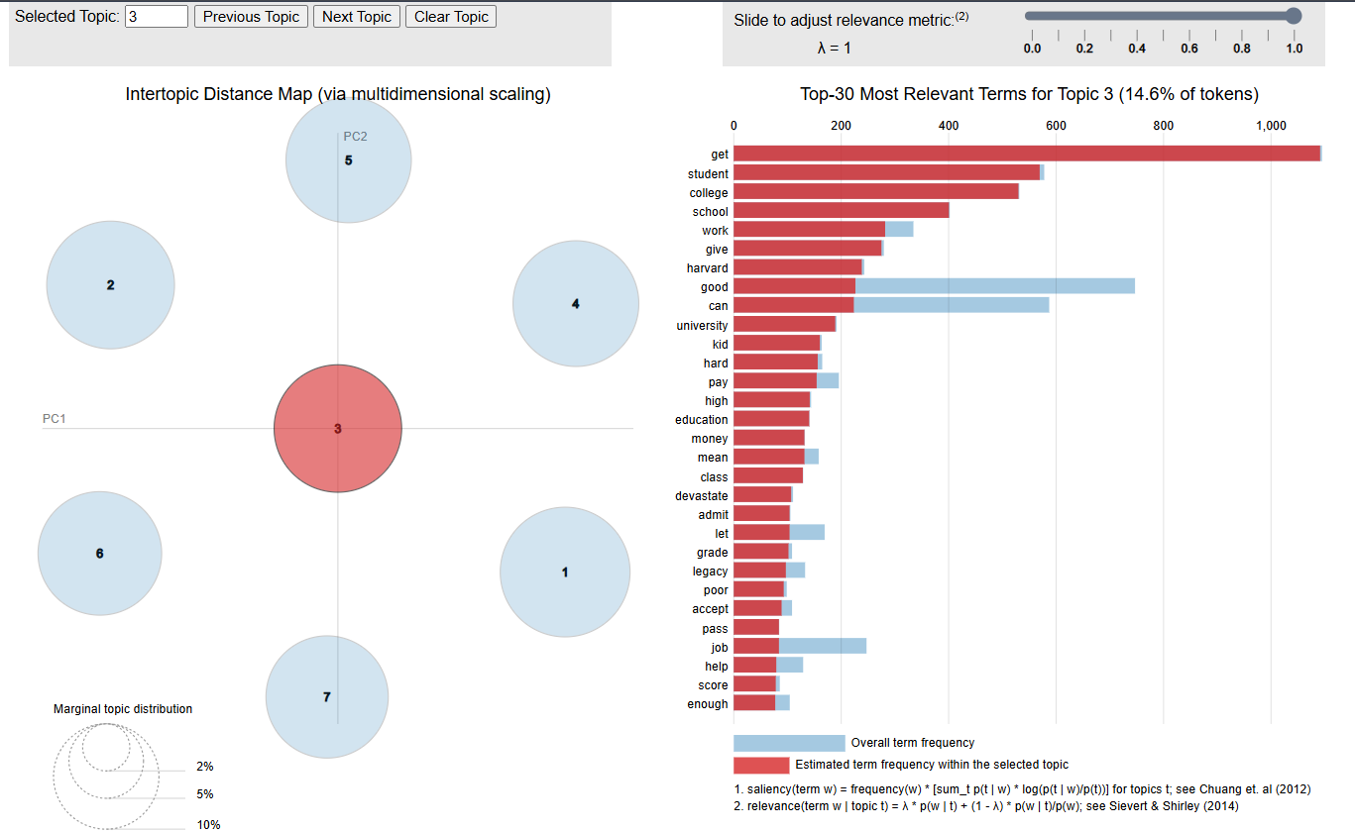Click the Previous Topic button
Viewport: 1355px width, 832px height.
pyautogui.click(x=251, y=17)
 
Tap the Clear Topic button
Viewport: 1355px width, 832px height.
pyautogui.click(x=451, y=17)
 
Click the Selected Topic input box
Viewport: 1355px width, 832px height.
pyautogui.click(x=157, y=17)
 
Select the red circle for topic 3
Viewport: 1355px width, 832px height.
pyautogui.click(x=338, y=429)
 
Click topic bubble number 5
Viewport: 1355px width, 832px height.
pyautogui.click(x=348, y=159)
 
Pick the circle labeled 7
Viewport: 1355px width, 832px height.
pyautogui.click(x=327, y=697)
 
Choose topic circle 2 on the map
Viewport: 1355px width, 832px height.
pyautogui.click(x=110, y=285)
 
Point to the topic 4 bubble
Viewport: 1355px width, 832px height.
pyautogui.click(x=576, y=304)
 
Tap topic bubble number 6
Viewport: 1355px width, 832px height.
pyautogui.click(x=99, y=554)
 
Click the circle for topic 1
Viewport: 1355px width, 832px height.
pyautogui.click(x=565, y=572)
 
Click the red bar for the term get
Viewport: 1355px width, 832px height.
pyautogui.click(x=1026, y=154)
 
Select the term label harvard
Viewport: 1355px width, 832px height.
pyautogui.click(x=707, y=268)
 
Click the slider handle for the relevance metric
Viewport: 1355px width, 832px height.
pyautogui.click(x=1293, y=15)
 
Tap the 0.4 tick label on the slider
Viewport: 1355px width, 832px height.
pyautogui.click(x=1137, y=49)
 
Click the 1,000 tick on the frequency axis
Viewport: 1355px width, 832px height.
pyautogui.click(x=1271, y=126)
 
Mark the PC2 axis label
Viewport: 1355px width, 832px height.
pyautogui.click(x=355, y=137)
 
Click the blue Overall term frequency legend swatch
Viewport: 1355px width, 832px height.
pyautogui.click(x=789, y=743)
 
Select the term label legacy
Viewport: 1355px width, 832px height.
pyautogui.click(x=710, y=572)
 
